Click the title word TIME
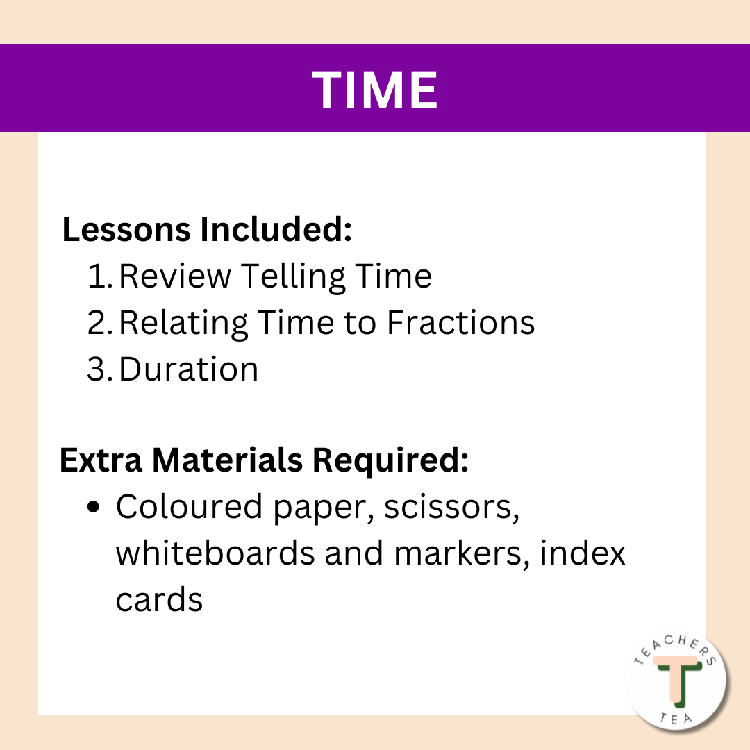pos(375,89)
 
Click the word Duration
pos(188,369)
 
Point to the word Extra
pos(101,460)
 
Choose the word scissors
pos(451,508)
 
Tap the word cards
pos(159,599)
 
